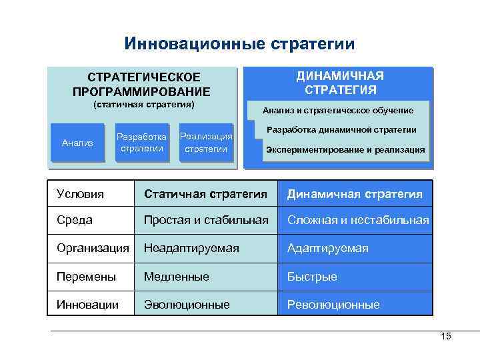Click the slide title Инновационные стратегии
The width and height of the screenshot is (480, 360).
point(239,44)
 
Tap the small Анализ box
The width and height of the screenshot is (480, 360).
point(77,143)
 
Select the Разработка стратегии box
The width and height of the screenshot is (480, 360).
point(141,142)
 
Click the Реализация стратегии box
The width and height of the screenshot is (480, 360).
point(206,143)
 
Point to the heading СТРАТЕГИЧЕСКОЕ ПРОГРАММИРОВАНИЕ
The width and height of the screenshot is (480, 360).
point(141,85)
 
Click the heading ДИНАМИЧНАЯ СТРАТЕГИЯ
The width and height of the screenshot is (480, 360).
point(340,83)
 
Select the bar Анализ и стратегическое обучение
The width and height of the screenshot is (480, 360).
point(338,110)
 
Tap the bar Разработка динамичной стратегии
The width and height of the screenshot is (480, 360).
point(341,129)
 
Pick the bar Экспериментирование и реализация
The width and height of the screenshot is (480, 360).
point(345,149)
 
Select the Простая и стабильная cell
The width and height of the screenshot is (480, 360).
point(205,220)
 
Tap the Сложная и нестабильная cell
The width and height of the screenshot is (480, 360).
point(357,220)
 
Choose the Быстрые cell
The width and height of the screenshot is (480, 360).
point(312,276)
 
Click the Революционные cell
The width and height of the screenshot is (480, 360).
point(333,305)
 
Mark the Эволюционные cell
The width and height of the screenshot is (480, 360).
point(187,305)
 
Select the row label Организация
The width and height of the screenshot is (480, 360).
point(93,248)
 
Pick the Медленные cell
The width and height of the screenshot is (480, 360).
point(176,276)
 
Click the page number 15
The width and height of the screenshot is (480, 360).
point(446,337)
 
